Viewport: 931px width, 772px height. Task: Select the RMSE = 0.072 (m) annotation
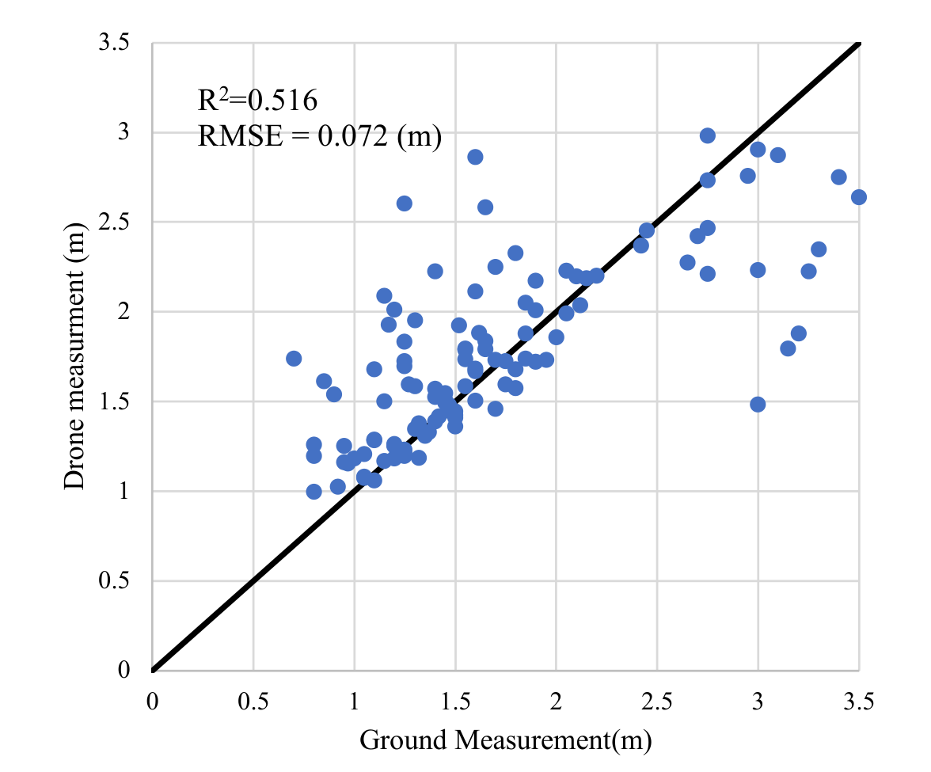[x=319, y=136]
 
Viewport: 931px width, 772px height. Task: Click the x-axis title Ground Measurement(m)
[x=505, y=740]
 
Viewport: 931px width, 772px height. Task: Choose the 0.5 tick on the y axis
[x=114, y=581]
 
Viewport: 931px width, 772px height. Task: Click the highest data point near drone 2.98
[x=708, y=135]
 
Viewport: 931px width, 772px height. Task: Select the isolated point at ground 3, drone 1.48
[x=758, y=405]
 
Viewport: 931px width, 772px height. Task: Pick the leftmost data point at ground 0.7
[x=294, y=359]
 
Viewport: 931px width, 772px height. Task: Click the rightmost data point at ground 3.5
[x=859, y=197]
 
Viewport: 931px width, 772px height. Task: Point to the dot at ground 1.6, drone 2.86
[x=475, y=157]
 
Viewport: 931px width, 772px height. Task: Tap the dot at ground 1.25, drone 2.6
[x=405, y=203]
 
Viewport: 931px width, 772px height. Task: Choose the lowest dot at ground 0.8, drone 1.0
[x=313, y=492]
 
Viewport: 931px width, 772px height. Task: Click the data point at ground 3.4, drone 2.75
[x=839, y=177]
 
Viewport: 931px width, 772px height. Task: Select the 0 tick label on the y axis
[x=123, y=671]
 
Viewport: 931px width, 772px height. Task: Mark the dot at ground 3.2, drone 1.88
[x=799, y=333]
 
